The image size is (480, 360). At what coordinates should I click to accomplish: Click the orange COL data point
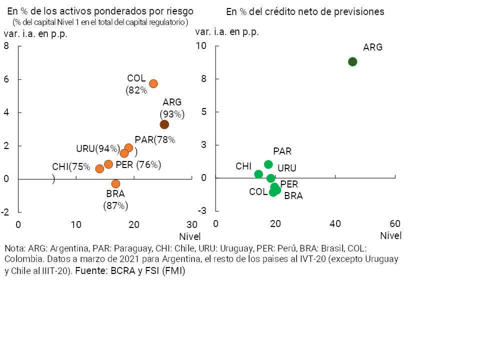[x=153, y=83]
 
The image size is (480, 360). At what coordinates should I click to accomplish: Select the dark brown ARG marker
[x=164, y=124]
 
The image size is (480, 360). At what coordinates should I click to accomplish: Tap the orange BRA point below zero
[x=115, y=183]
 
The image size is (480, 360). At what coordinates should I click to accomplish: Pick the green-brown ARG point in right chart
[x=352, y=61]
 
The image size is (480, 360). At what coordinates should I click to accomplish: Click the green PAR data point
[x=268, y=164]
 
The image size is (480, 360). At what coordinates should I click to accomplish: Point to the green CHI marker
[x=258, y=174]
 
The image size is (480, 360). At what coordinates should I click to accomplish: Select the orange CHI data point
[x=99, y=168]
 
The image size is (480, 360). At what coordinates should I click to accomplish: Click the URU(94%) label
[x=98, y=148]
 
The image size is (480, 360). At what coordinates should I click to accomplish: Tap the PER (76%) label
[x=138, y=164]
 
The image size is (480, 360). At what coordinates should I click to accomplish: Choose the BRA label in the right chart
[x=293, y=196]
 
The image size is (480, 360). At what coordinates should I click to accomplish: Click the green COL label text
[x=258, y=191]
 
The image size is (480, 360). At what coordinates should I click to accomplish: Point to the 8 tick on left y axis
[x=6, y=46]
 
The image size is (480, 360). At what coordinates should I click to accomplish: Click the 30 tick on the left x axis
[x=191, y=224]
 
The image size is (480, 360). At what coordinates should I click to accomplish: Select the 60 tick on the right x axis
[x=395, y=223]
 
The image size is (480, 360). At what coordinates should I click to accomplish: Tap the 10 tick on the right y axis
[x=200, y=46]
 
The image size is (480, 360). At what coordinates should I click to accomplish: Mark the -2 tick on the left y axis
[x=5, y=212]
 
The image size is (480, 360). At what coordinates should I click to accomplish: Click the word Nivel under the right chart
[x=391, y=235]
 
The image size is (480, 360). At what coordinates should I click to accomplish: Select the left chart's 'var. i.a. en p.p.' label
[x=35, y=34]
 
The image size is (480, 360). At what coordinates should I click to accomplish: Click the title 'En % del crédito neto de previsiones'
[x=305, y=11]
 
